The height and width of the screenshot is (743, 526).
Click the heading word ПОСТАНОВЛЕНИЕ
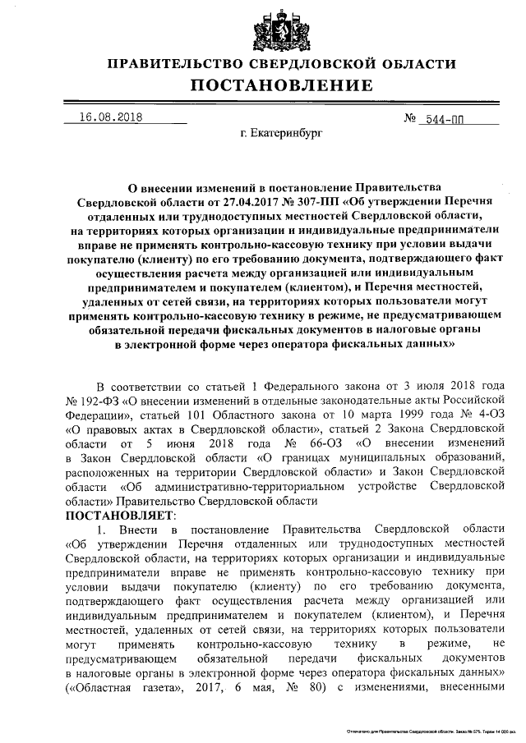point(282,85)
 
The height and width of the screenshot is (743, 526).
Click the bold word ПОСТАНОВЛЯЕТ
point(121,516)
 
